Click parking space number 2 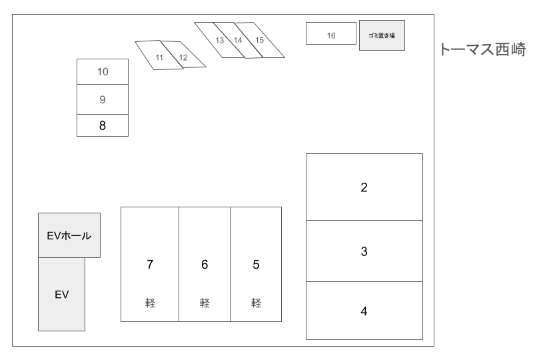tap(364, 187)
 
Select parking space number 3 tap(364, 251)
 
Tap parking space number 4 tap(364, 311)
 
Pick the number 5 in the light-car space tap(256, 265)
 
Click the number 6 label tap(205, 265)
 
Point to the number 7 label tap(150, 265)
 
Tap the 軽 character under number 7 tap(150, 303)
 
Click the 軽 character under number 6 tap(205, 303)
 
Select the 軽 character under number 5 tap(256, 303)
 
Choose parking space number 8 tap(103, 125)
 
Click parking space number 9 tap(103, 99)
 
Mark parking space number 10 tap(103, 71)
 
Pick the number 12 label tap(183, 57)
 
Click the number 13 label tap(220, 41)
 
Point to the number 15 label tap(260, 41)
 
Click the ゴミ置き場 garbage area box tap(382, 35)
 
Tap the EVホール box tap(69, 235)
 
